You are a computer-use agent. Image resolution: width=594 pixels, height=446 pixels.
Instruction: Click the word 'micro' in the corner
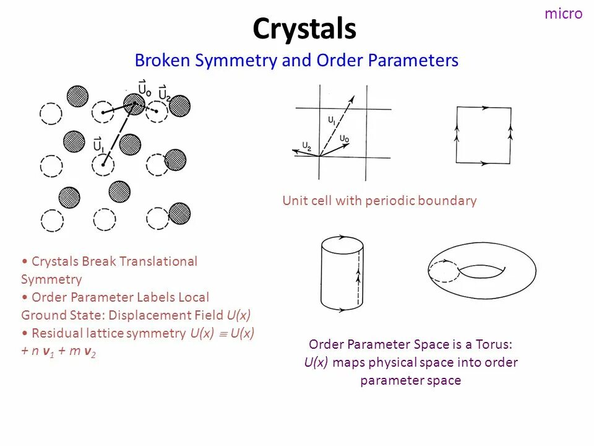563,14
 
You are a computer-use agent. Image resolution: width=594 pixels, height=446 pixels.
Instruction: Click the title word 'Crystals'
304,29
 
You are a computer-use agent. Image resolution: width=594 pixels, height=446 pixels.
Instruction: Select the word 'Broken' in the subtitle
162,61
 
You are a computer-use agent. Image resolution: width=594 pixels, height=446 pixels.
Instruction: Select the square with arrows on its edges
483,135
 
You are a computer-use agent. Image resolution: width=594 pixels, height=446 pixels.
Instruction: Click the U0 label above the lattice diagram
145,89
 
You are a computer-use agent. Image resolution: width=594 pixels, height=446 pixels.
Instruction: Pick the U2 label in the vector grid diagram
307,146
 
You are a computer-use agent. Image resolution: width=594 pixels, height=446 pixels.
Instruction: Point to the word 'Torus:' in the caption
494,344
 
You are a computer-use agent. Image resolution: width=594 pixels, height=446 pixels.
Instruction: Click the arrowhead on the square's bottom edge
483,163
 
